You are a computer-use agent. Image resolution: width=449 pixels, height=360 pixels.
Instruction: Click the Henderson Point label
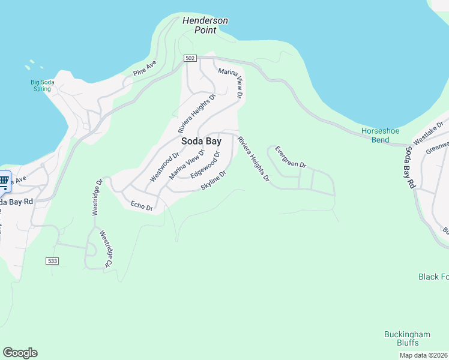(205, 25)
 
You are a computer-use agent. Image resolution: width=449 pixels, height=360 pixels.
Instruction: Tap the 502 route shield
(190, 58)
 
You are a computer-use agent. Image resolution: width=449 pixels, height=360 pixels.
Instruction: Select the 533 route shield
(52, 260)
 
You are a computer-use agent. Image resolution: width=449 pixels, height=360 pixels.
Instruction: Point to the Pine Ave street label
(145, 67)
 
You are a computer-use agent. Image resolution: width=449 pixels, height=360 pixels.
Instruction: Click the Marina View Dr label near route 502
(231, 83)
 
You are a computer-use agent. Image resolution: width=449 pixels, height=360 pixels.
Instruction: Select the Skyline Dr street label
(214, 180)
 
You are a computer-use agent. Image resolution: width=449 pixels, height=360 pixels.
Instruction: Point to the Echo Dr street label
(142, 206)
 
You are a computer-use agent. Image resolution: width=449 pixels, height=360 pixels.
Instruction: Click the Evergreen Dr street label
(291, 157)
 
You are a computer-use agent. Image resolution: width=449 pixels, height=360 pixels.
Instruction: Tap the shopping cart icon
(4, 181)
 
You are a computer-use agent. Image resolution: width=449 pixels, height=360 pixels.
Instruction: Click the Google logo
(20, 353)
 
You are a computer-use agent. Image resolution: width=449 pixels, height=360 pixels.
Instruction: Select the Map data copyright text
(423, 355)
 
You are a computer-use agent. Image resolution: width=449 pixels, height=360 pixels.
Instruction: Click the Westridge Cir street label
(106, 248)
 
